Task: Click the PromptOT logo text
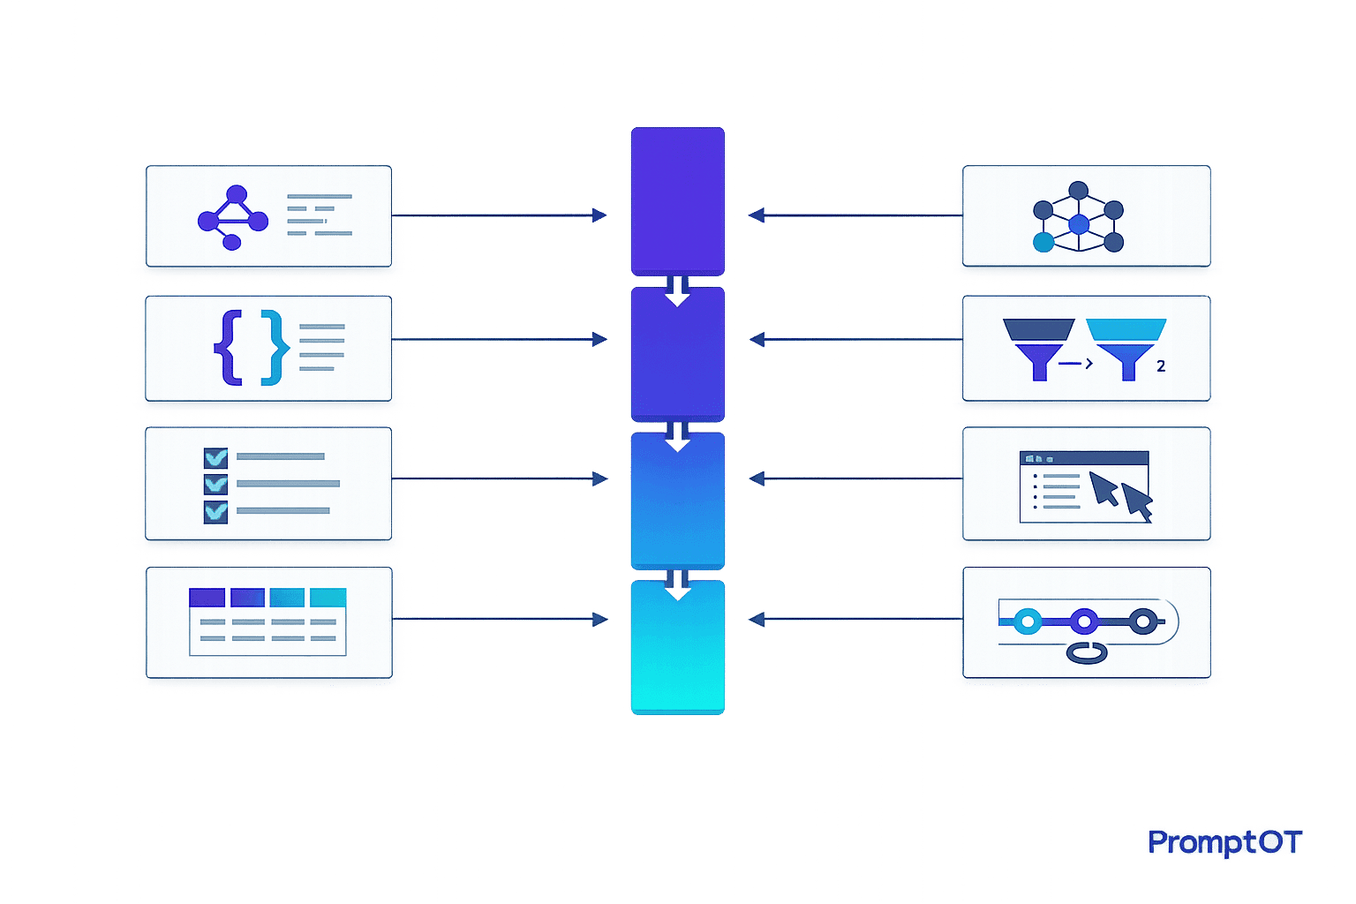pyautogui.click(x=1224, y=843)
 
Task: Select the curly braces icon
pyautogui.click(x=252, y=348)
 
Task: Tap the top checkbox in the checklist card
pyautogui.click(x=215, y=458)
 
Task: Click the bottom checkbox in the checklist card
pyautogui.click(x=215, y=512)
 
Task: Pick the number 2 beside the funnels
pyautogui.click(x=1161, y=365)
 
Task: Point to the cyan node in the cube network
pyautogui.click(x=1043, y=242)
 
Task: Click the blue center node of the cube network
pyautogui.click(x=1079, y=224)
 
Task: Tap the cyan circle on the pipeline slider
pyautogui.click(x=1028, y=621)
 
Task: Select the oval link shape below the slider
pyautogui.click(x=1087, y=653)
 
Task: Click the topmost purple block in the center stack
pyautogui.click(x=677, y=201)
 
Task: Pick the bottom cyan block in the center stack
pyautogui.click(x=677, y=647)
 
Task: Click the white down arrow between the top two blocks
pyautogui.click(x=677, y=291)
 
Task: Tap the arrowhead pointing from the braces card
pyautogui.click(x=599, y=340)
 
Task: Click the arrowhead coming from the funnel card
pyautogui.click(x=757, y=340)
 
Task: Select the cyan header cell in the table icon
pyautogui.click(x=328, y=597)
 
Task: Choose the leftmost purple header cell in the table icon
pyautogui.click(x=207, y=597)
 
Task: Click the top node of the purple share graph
pyautogui.click(x=236, y=194)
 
